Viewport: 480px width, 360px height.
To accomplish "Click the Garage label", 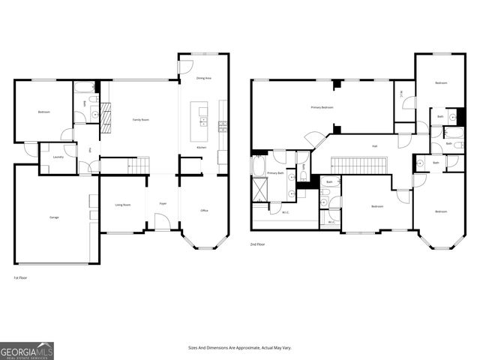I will click(x=55, y=217).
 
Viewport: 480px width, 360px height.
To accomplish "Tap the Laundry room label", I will click(x=58, y=157).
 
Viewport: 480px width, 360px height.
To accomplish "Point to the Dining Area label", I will click(x=203, y=78).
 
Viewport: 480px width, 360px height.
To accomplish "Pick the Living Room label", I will click(x=123, y=204).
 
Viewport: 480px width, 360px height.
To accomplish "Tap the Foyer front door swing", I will click(x=162, y=222).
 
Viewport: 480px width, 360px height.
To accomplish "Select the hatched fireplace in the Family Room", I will click(x=106, y=118).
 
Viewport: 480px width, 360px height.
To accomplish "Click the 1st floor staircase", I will click(x=139, y=165).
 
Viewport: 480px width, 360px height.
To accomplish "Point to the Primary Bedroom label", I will click(x=322, y=108).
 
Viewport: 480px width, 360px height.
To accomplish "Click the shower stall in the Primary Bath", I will click(x=259, y=192).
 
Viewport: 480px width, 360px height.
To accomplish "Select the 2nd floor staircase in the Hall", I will click(x=359, y=165).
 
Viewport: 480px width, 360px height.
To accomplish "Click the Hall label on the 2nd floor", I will click(x=374, y=145).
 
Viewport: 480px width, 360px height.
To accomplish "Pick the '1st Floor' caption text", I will click(x=21, y=277).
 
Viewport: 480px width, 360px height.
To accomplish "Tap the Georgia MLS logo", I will click(x=27, y=351).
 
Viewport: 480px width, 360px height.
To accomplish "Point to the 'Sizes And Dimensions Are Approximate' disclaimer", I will click(x=240, y=347).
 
